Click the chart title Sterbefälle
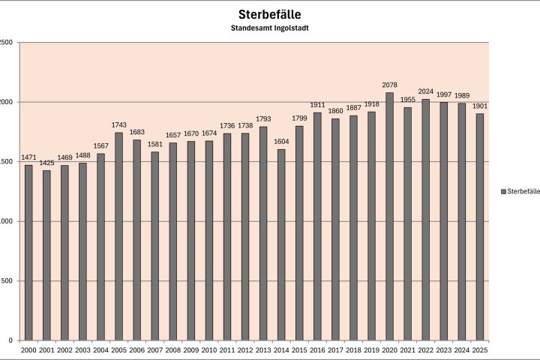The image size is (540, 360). click(270, 14)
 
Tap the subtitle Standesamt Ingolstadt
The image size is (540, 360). click(270, 28)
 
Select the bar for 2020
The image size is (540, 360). click(389, 217)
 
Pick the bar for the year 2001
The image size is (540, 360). click(46, 255)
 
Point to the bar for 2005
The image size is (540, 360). click(118, 236)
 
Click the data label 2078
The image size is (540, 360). click(389, 86)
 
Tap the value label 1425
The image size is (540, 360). click(46, 164)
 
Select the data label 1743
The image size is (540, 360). click(118, 126)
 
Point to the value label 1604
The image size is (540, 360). click(281, 142)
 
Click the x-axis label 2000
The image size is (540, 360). click(28, 350)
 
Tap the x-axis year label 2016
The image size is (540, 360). click(317, 350)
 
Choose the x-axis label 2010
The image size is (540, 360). click(209, 350)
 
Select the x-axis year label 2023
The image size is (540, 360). click(443, 350)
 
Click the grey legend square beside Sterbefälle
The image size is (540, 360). click(503, 191)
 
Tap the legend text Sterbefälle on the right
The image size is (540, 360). click(523, 191)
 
